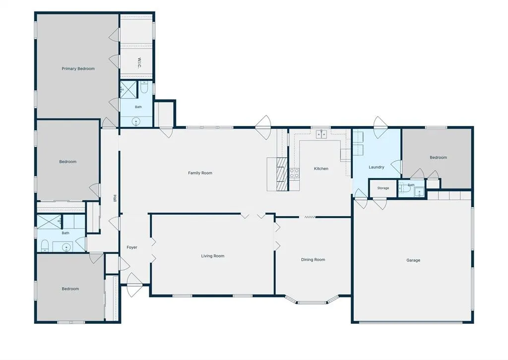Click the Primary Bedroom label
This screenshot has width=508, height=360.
[78, 68]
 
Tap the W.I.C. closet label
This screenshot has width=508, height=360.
[139, 63]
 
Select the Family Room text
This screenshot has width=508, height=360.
[200, 173]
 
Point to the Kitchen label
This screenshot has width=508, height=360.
[321, 169]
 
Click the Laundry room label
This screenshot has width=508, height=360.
[377, 167]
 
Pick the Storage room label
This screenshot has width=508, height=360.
[383, 188]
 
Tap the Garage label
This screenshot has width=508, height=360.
[413, 260]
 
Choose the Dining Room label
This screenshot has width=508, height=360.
[313, 260]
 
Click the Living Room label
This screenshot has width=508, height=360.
[212, 256]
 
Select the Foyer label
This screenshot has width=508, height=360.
[132, 247]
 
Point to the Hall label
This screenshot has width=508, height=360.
[115, 198]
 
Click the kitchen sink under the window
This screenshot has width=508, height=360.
[321, 134]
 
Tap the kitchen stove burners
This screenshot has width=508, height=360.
[294, 173]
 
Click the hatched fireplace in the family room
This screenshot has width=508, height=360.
[282, 174]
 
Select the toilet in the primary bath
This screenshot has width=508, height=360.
[144, 87]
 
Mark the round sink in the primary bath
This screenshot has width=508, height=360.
[136, 121]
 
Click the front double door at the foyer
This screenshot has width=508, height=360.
[134, 285]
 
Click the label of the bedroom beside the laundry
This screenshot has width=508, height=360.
[439, 157]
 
